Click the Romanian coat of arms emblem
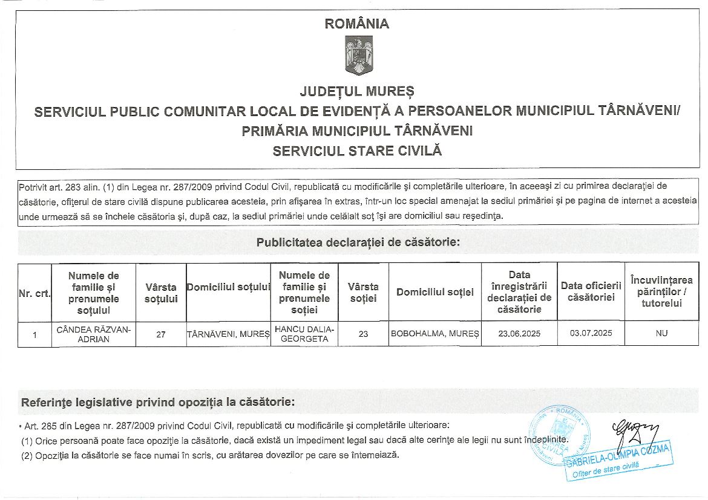tap(358, 55)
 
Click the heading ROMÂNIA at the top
tap(357, 24)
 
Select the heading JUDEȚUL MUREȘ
tap(357, 91)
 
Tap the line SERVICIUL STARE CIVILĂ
tap(357, 151)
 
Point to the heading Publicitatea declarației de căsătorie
tap(358, 243)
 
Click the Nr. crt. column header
tap(34, 293)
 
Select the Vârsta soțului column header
tap(161, 293)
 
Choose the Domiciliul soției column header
tap(434, 293)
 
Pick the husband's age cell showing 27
tap(161, 334)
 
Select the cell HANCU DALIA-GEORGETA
tap(304, 334)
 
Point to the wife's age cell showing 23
tap(363, 334)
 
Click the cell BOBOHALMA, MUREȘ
tap(434, 334)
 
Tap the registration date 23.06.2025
tap(519, 334)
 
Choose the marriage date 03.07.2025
tap(591, 333)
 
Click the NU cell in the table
tap(661, 334)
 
